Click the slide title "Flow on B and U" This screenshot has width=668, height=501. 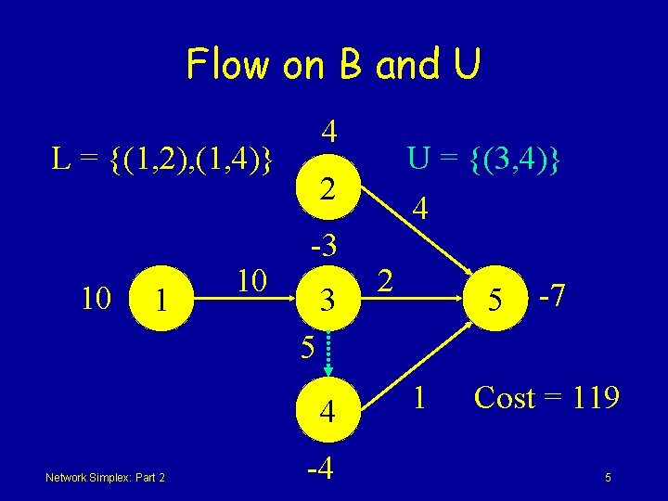tap(333, 64)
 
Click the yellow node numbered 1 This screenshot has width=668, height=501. tap(161, 300)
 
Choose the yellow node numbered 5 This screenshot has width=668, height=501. tap(497, 300)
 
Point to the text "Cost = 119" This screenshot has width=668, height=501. tap(546, 398)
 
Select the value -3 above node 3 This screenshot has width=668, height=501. tap(324, 246)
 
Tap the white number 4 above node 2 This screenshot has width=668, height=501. tap(328, 131)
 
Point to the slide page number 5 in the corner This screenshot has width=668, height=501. tap(608, 478)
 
